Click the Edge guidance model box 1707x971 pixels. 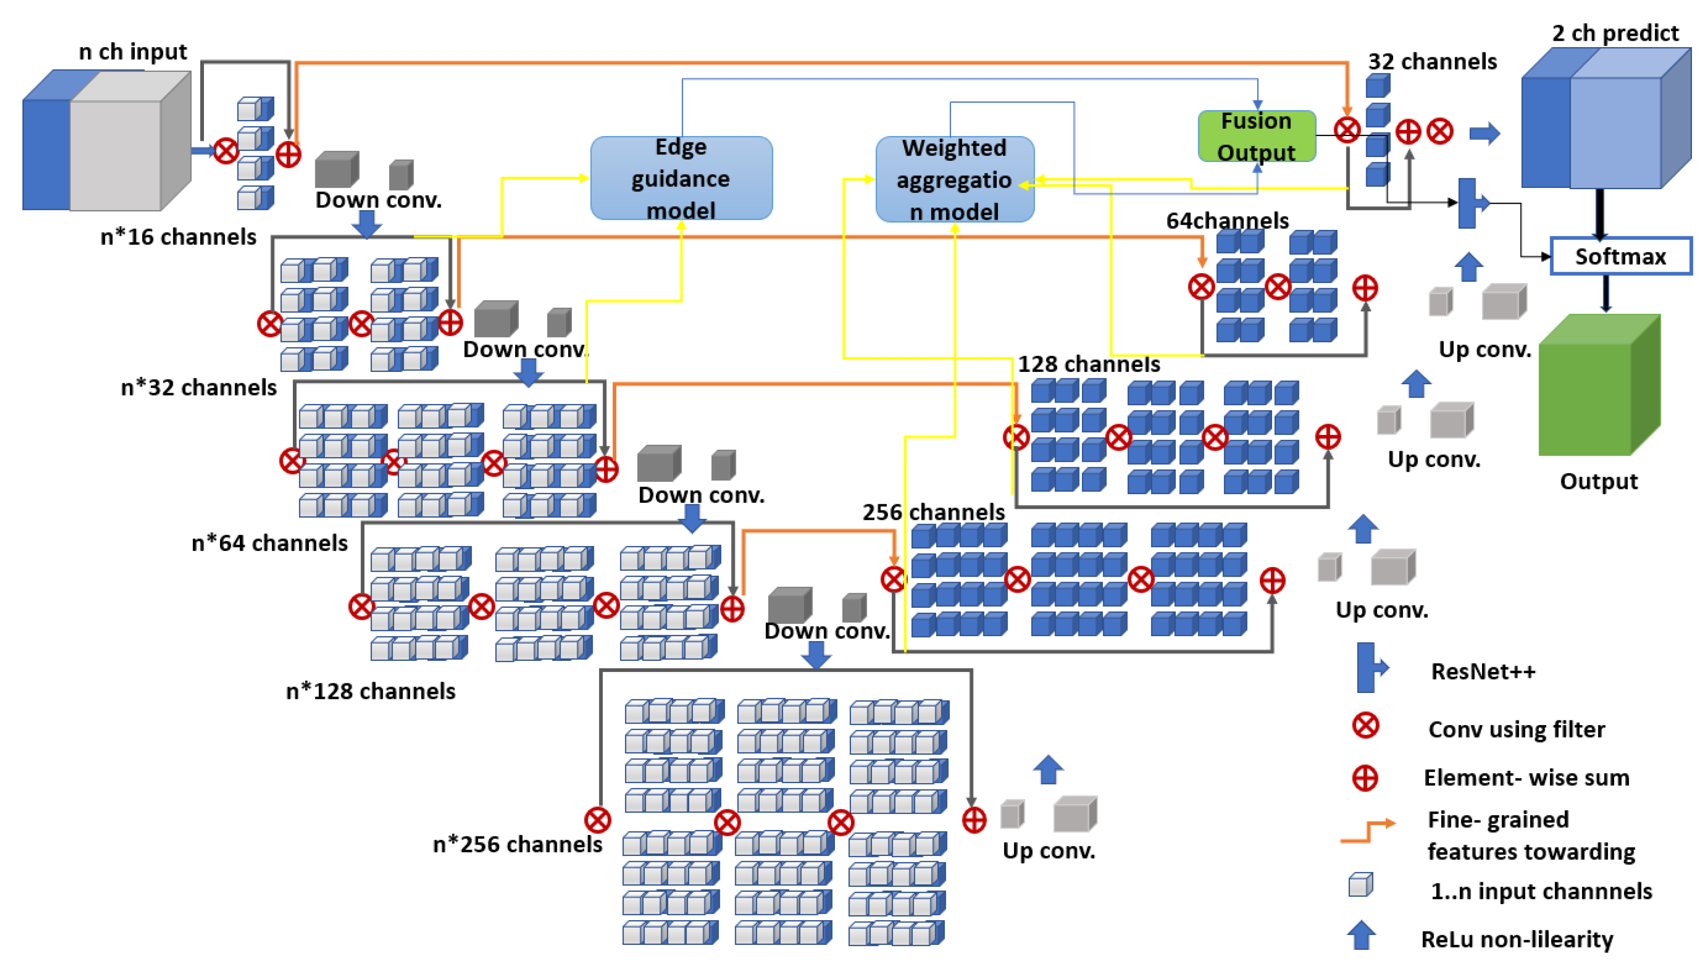point(681,178)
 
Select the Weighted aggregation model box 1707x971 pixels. point(955,179)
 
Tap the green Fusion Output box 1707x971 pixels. point(1257,136)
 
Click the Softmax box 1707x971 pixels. point(1620,256)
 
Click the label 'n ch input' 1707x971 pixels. point(133,51)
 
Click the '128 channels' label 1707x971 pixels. point(1089,364)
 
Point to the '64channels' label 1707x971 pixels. point(1227,221)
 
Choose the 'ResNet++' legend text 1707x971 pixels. point(1483,671)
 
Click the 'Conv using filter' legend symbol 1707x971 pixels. point(1366,726)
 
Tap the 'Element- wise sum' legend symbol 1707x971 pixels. point(1365,778)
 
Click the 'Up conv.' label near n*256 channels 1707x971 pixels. point(1048,851)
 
